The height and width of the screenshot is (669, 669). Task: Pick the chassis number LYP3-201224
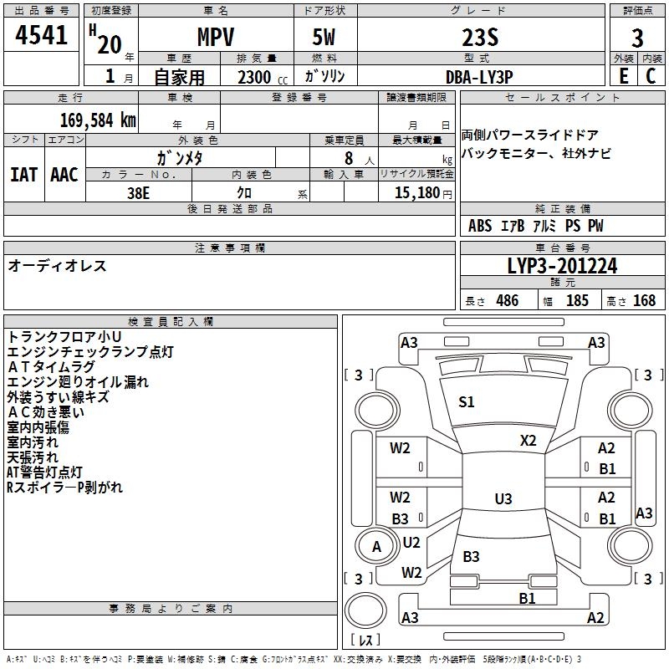point(563,266)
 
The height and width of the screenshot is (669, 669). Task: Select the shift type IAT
point(23,175)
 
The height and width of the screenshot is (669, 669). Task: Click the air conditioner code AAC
point(64,175)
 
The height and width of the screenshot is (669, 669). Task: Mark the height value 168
point(644,301)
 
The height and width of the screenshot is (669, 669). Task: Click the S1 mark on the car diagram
point(467,402)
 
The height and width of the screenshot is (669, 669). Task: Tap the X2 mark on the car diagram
point(529,440)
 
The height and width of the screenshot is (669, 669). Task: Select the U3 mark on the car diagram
point(503,499)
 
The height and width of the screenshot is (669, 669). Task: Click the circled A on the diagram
point(376,546)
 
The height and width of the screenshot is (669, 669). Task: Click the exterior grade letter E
point(623,76)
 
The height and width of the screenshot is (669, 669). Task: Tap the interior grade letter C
point(651,76)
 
